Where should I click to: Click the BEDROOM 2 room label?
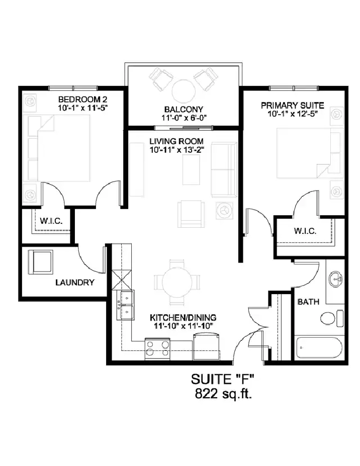pos(82,99)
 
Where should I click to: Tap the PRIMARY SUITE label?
pos(293,106)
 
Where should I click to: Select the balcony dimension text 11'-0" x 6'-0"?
pos(184,118)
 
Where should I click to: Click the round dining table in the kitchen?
pos(176,282)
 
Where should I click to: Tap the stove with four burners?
pos(157,349)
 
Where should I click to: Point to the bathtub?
pos(319,348)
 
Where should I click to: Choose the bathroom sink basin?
pos(336,279)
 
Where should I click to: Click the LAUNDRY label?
pos(75,283)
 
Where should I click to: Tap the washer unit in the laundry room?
pos(41,261)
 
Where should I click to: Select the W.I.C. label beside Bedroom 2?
pos(51,221)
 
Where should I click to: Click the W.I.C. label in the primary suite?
pos(305,231)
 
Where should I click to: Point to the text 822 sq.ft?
pos(224,394)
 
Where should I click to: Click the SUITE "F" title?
pos(222,379)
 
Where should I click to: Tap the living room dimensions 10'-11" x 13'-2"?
pos(176,150)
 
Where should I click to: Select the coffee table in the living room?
pos(191,170)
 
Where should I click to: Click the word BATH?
pos(308,302)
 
